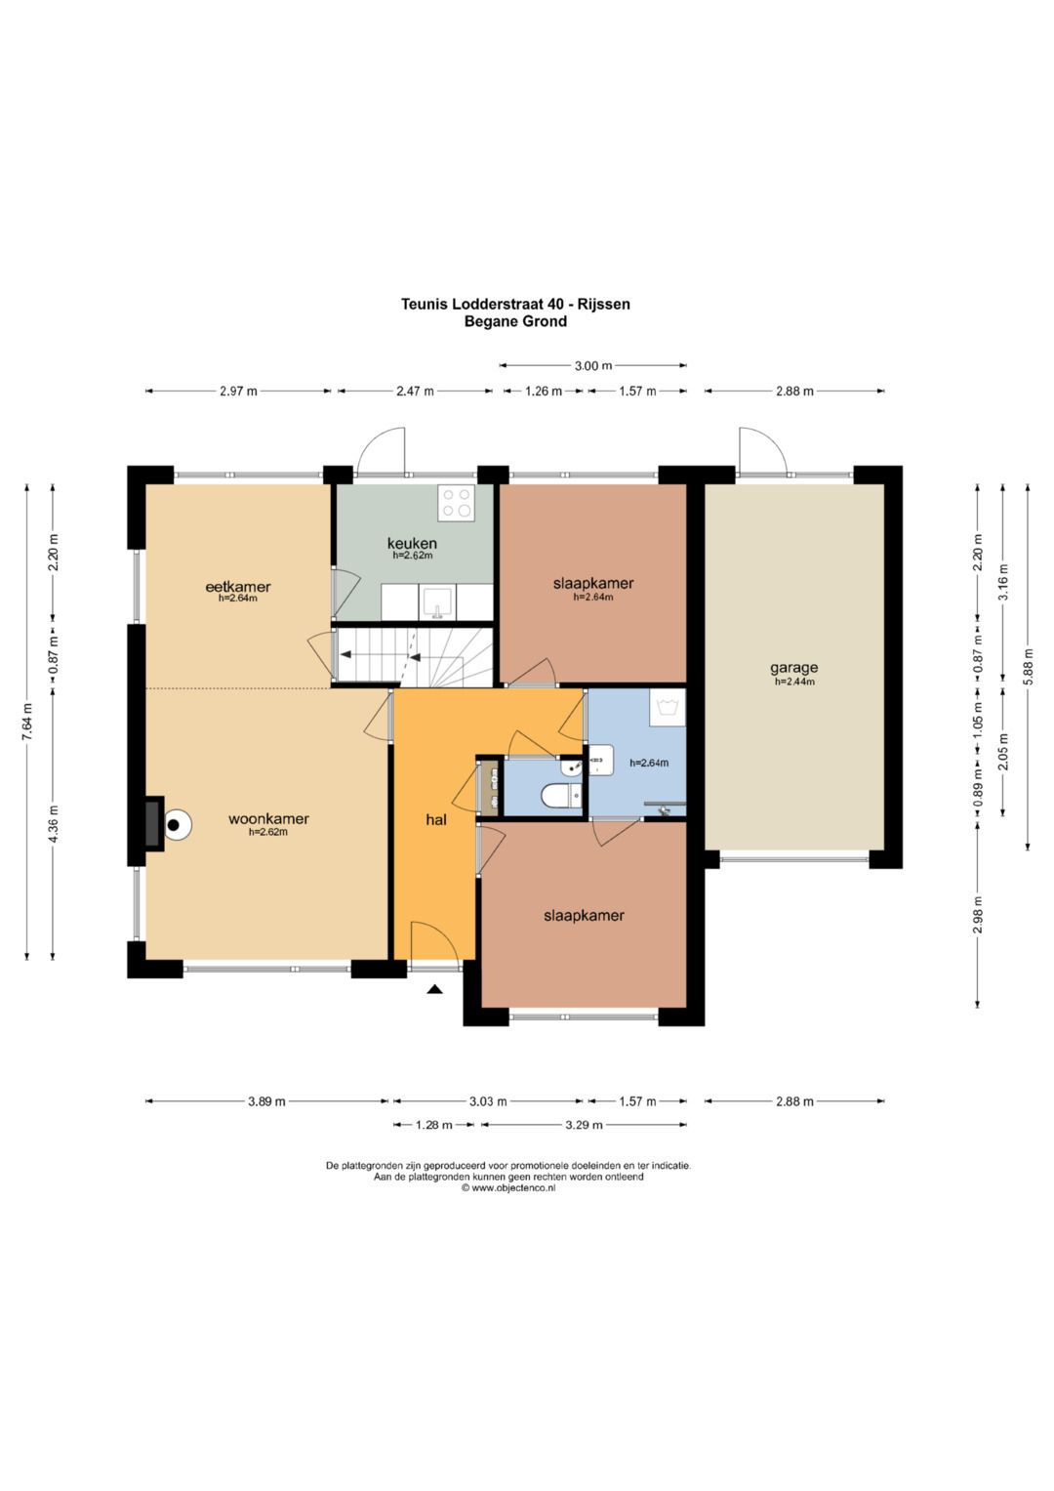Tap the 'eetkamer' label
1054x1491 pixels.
click(x=237, y=587)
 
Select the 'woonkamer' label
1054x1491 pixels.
click(x=268, y=818)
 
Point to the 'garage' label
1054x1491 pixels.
click(x=793, y=668)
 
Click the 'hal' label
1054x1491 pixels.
click(x=436, y=819)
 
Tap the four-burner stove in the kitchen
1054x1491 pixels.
click(x=456, y=503)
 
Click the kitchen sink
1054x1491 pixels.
click(x=437, y=602)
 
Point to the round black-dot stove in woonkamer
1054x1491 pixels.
click(x=175, y=825)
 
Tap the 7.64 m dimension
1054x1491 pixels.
click(x=26, y=722)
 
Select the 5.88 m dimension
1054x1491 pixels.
click(x=1028, y=666)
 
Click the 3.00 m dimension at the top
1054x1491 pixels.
click(x=593, y=365)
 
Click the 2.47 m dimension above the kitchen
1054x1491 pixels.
click(x=415, y=392)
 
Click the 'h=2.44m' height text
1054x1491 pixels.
click(x=794, y=682)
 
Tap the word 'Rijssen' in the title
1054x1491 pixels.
click(x=605, y=305)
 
